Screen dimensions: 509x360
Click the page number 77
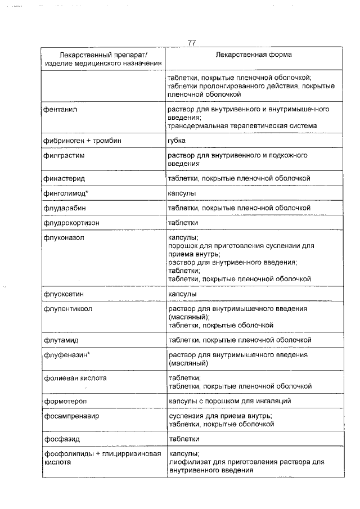[x=192, y=43]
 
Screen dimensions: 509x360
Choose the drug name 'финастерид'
[x=64, y=178]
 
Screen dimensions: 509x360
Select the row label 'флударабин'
[x=65, y=208]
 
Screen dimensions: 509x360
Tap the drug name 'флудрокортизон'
[x=71, y=223]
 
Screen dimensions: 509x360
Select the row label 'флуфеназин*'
[x=67, y=355]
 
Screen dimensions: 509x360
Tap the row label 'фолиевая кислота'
[x=75, y=379]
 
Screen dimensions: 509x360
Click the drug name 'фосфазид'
[x=61, y=439]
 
